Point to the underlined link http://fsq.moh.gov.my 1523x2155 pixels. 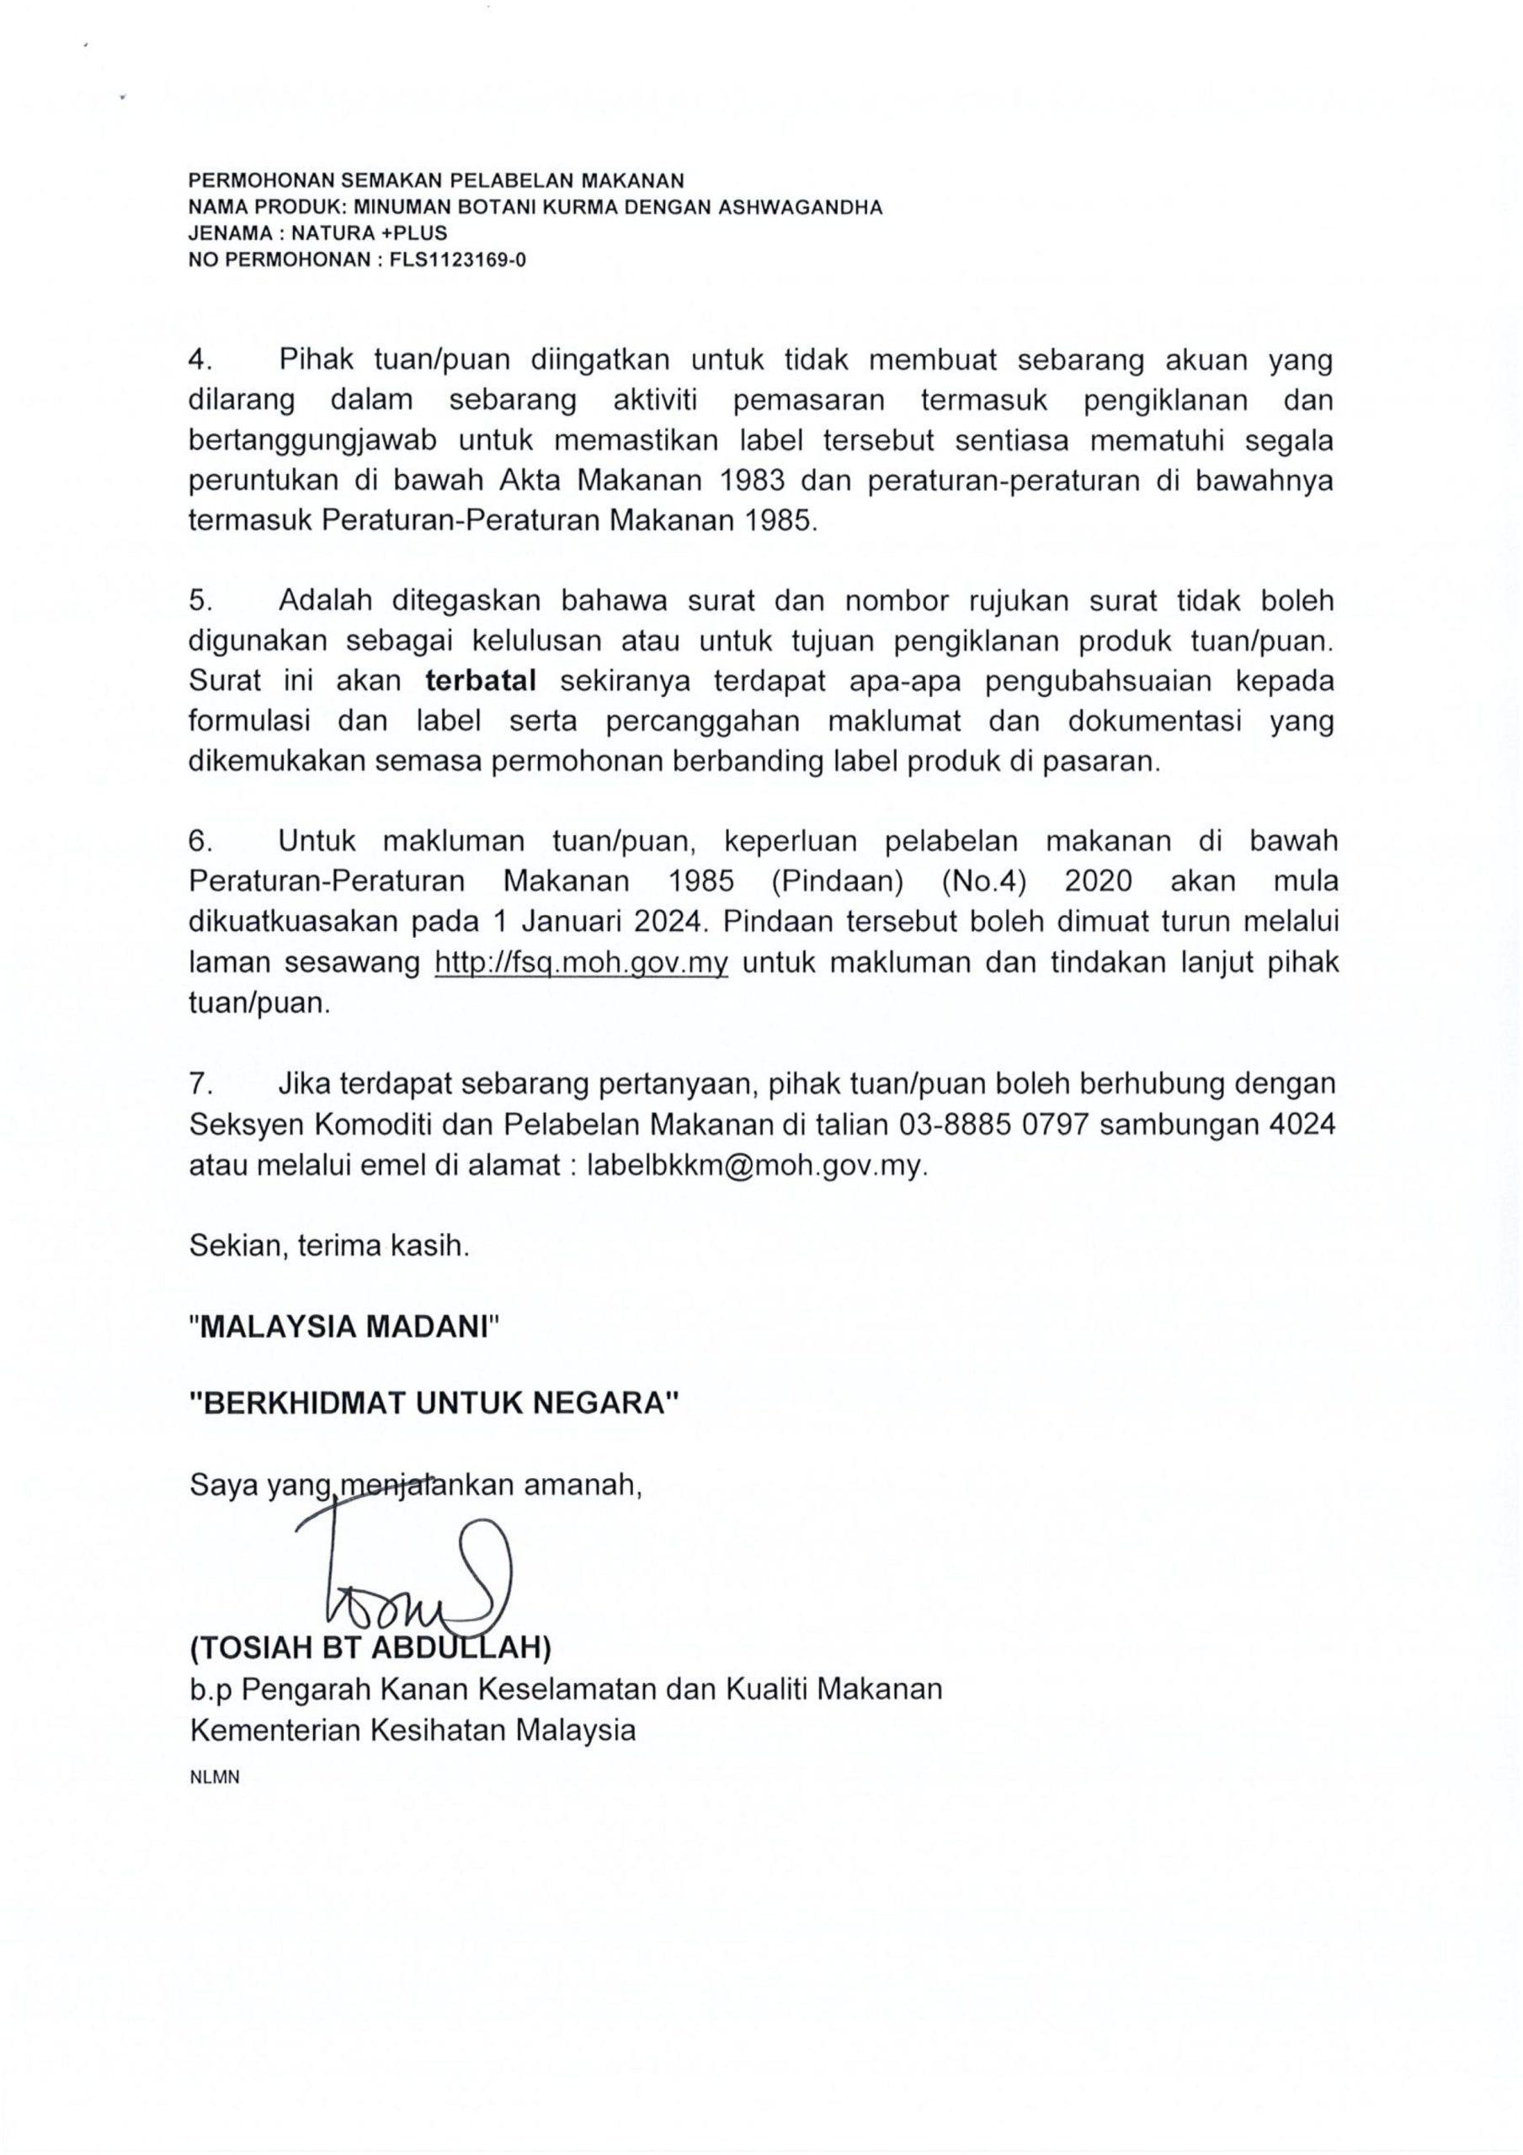tap(581, 963)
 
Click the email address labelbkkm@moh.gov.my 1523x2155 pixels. tap(756, 1165)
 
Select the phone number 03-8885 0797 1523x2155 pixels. tap(994, 1125)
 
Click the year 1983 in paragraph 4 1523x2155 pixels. tap(756, 481)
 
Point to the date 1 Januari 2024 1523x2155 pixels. tap(597, 922)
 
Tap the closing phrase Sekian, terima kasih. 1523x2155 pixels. tap(328, 1247)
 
